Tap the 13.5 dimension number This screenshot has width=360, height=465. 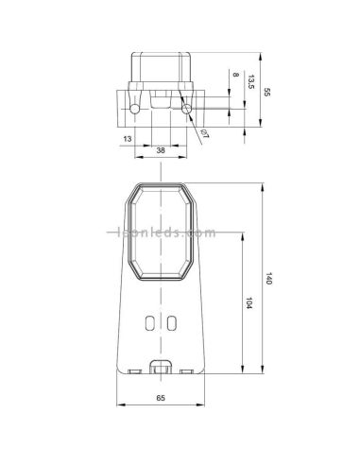click(x=249, y=83)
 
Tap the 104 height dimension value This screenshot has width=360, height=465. click(x=249, y=304)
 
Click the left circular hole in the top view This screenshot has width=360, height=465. click(x=137, y=111)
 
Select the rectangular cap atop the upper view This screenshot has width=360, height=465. click(x=162, y=66)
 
